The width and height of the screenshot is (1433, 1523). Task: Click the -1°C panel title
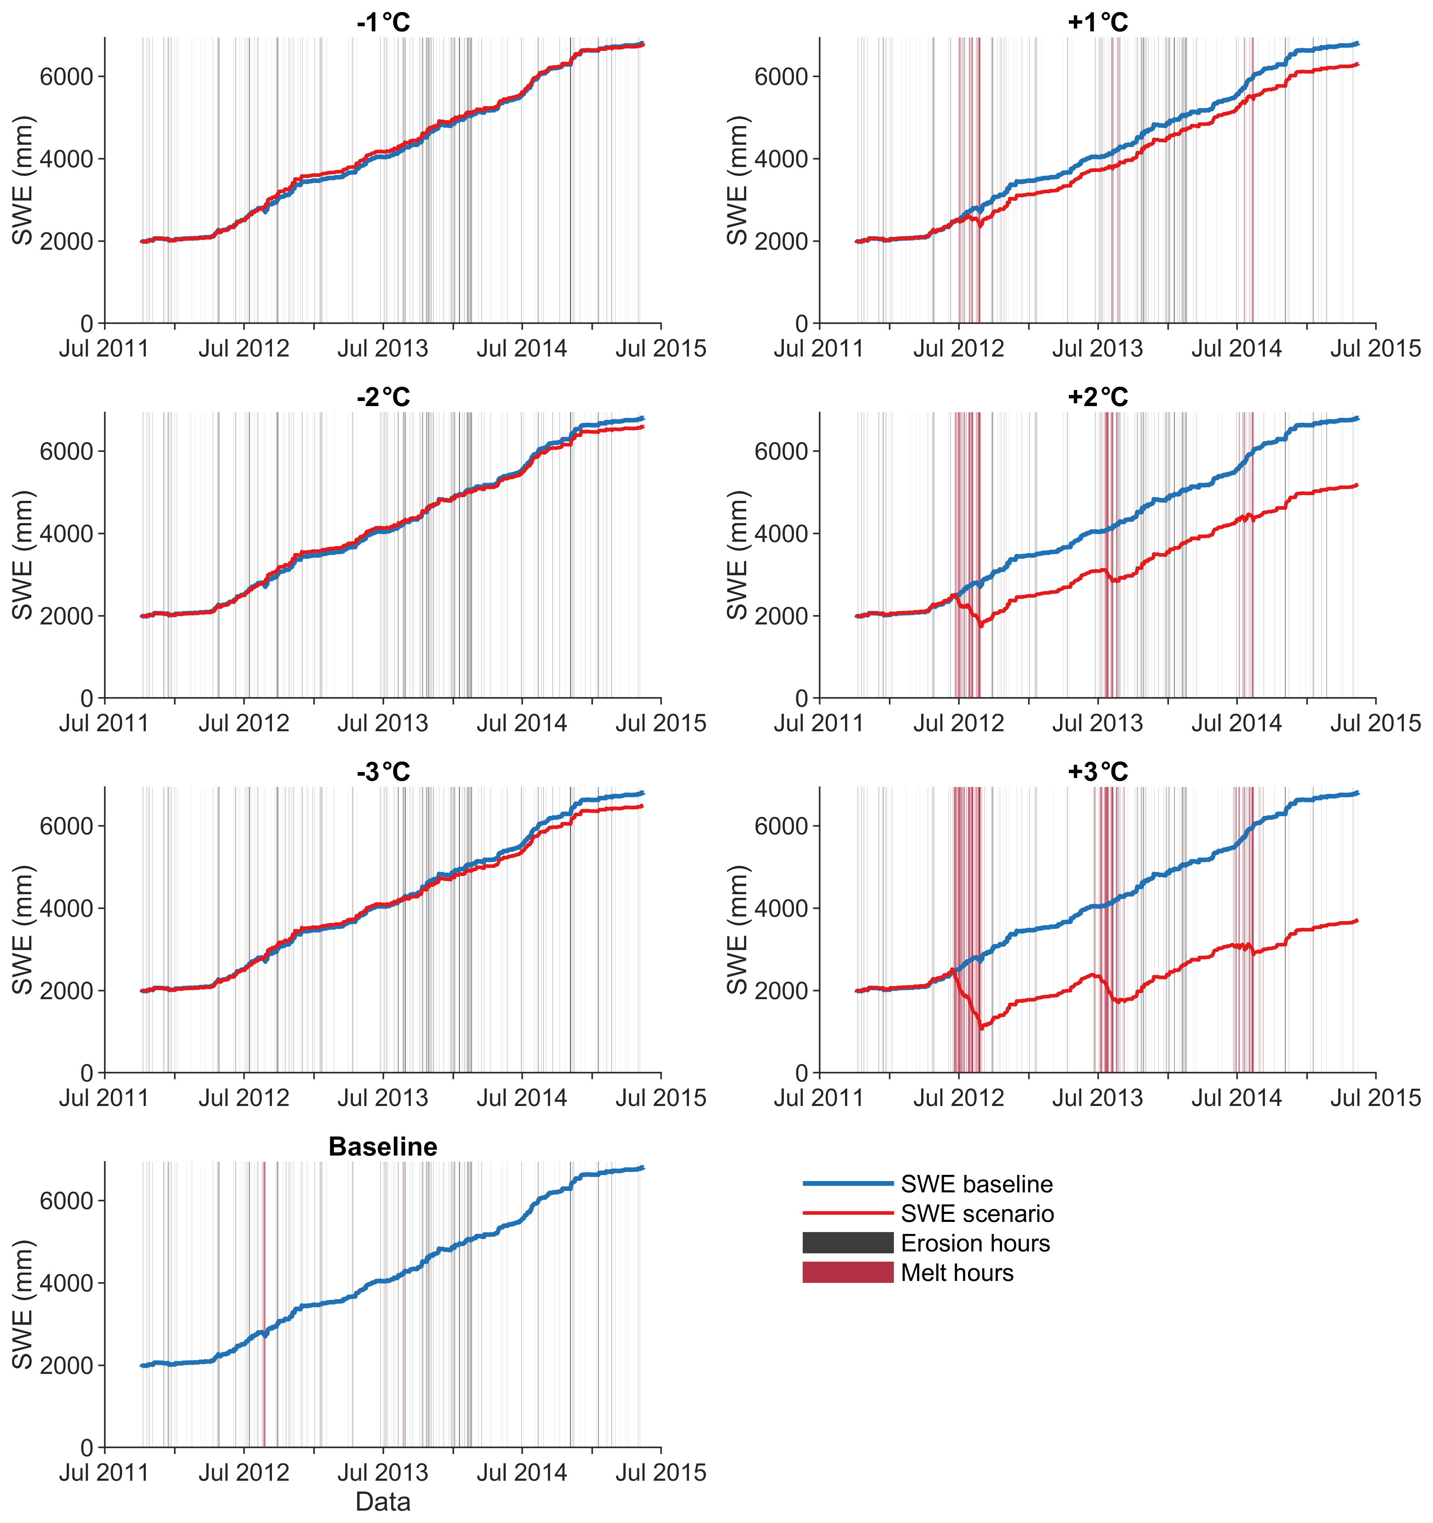pos(383,22)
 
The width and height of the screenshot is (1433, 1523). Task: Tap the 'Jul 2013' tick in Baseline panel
pos(383,1472)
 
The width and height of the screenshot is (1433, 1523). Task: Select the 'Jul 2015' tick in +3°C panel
pos(1375,1098)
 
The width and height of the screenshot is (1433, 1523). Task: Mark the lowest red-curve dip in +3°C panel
pos(982,1028)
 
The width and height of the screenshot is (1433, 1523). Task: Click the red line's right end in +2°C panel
pos(1357,484)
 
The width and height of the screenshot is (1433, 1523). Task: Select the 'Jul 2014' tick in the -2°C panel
pos(522,723)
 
